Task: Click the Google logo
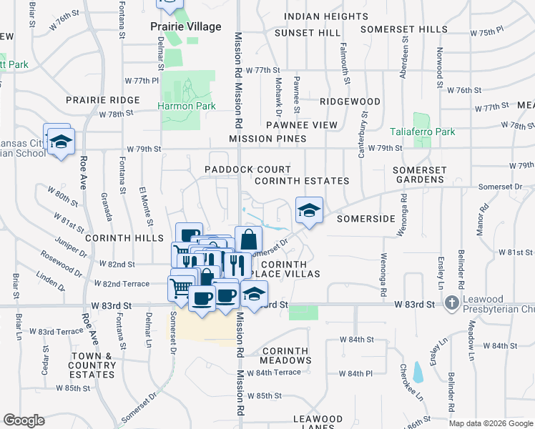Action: click(x=24, y=420)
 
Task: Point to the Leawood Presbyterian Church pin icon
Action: click(x=451, y=303)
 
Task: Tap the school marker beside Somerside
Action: click(x=309, y=211)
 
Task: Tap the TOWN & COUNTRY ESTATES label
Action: click(x=92, y=365)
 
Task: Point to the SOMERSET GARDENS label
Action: click(x=420, y=175)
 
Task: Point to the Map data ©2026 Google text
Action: click(x=490, y=423)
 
